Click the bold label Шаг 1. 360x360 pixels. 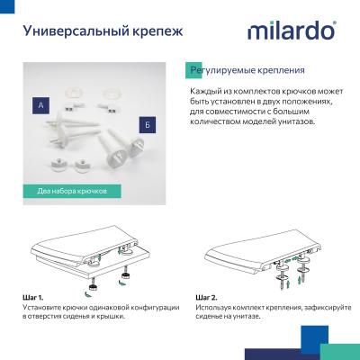click(34, 297)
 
